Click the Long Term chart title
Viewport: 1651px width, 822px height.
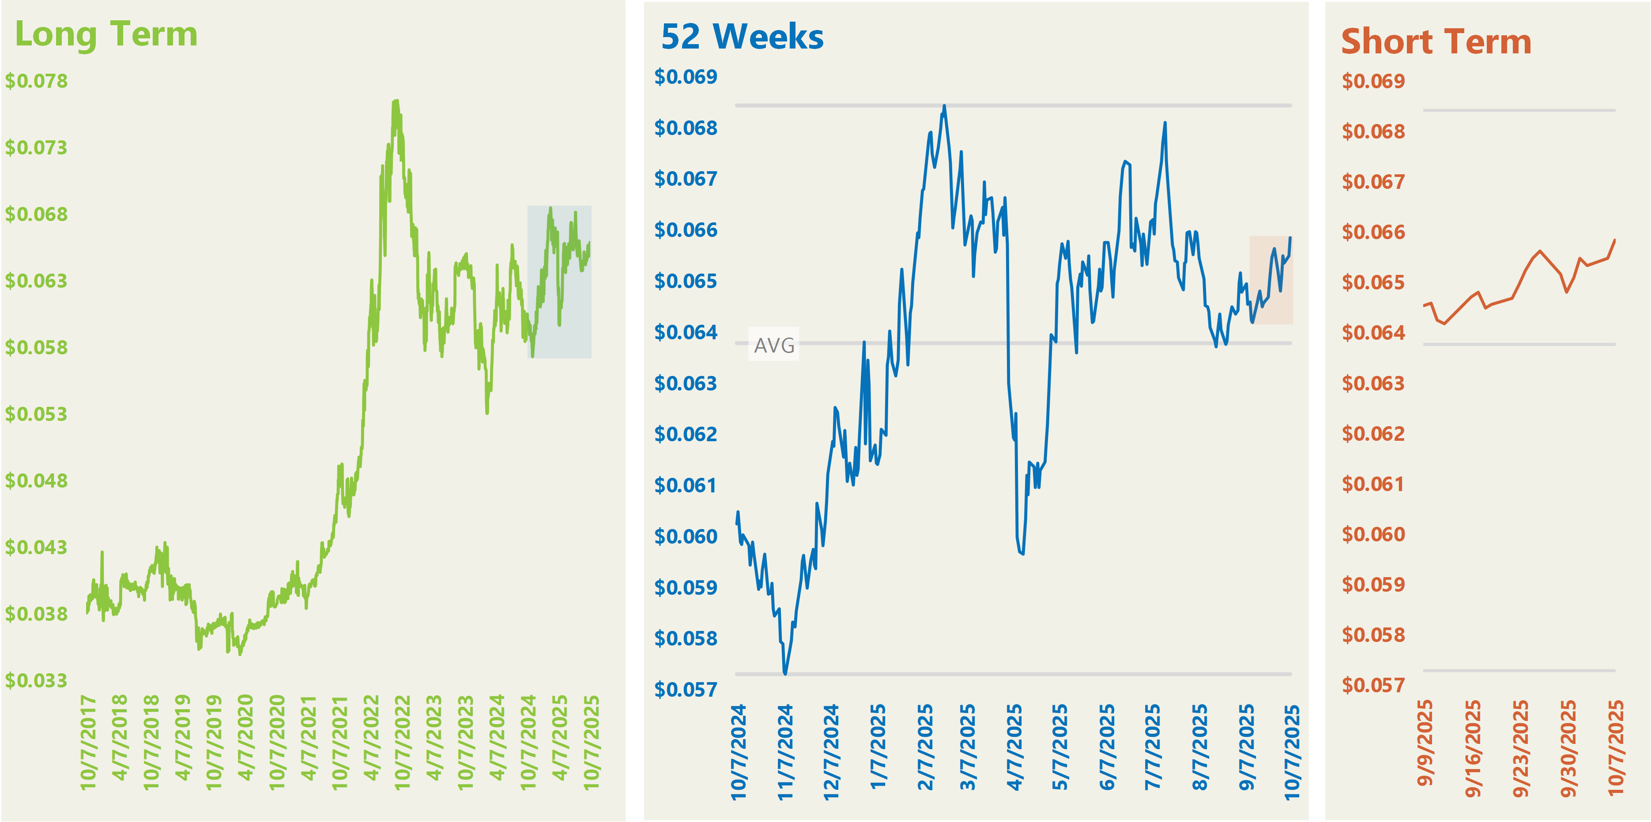106,34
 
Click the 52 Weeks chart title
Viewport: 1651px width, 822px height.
742,37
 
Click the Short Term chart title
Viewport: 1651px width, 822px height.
1436,41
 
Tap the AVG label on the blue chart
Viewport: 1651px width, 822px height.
773,345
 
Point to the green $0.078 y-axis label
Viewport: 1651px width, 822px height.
36,81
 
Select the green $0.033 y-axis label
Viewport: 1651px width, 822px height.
36,680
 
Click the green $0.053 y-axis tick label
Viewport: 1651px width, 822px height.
36,414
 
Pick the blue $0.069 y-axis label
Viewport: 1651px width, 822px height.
685,77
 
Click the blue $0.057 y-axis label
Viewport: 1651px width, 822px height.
685,689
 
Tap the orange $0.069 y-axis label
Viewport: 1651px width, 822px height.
1373,81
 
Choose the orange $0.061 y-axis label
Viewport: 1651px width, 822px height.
1373,484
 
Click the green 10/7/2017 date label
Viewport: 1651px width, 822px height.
88,742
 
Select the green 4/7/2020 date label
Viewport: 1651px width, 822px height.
245,737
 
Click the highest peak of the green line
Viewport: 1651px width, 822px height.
396,101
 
